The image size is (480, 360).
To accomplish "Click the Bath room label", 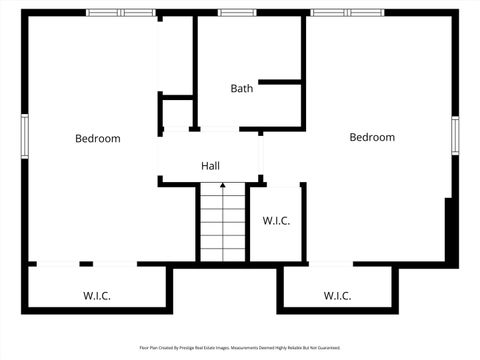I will (x=242, y=88).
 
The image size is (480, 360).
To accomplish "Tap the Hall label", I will (x=210, y=166).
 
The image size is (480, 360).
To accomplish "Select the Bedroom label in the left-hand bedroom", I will (x=98, y=138).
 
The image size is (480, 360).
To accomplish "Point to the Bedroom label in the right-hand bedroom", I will (x=372, y=137).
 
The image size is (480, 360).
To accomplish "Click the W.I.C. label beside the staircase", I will (x=276, y=221).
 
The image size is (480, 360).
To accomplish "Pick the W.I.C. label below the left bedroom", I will (x=97, y=296).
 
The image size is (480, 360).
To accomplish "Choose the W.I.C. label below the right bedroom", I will (x=338, y=296).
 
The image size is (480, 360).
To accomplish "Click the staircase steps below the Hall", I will (x=222, y=225).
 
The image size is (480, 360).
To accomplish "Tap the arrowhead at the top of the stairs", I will (x=222, y=186).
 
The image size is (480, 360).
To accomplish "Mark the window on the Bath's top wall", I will (x=237, y=12).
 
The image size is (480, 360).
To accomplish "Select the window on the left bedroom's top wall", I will (x=121, y=12).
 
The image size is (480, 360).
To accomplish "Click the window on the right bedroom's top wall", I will (x=347, y=12).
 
